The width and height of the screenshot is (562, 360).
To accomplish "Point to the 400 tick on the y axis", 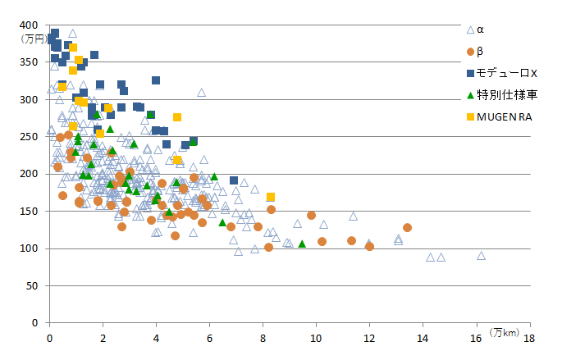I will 35,25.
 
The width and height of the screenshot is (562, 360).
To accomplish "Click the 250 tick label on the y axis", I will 35,137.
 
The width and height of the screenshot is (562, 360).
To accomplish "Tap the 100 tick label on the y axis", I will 35,248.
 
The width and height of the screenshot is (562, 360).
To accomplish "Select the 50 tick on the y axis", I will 38,285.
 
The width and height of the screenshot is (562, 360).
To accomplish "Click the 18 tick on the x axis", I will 529,337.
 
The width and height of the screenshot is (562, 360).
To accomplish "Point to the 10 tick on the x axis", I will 316,337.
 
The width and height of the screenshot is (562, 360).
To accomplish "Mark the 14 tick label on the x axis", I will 423,337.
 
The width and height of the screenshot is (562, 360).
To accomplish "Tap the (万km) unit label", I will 505,332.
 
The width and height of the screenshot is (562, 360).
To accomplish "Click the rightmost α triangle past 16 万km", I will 482,255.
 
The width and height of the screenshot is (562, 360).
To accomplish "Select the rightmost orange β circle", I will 407,227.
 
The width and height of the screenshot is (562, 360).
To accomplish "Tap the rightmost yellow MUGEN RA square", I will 271,197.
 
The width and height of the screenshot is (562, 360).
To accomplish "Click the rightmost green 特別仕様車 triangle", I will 302,244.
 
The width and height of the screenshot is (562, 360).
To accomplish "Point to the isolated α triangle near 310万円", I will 201,93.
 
